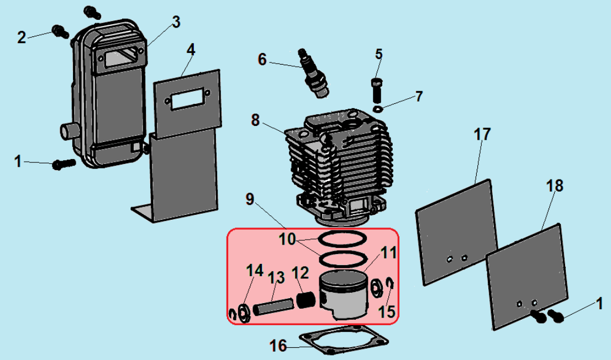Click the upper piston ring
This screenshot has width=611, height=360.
coord(343,239)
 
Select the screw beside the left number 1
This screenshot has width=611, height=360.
coord(64,164)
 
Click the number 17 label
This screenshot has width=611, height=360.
coord(481,134)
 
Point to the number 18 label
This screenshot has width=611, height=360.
coord(555,186)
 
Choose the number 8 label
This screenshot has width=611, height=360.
coord(255,120)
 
